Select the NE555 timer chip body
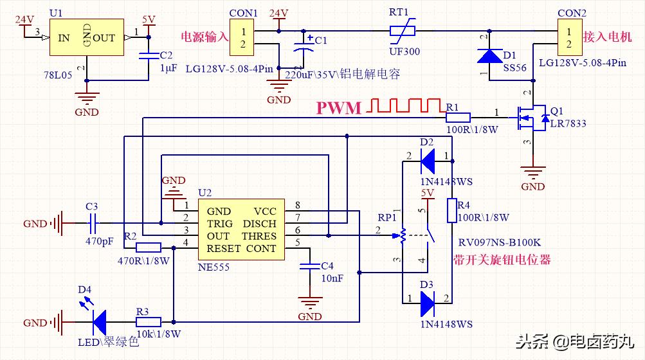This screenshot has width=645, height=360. click(241, 230)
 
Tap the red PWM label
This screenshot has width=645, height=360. click(339, 108)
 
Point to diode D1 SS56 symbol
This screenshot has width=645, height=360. click(489, 56)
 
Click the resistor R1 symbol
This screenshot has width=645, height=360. click(457, 118)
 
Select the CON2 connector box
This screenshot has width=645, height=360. click(568, 38)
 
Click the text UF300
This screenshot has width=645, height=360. click(404, 51)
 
